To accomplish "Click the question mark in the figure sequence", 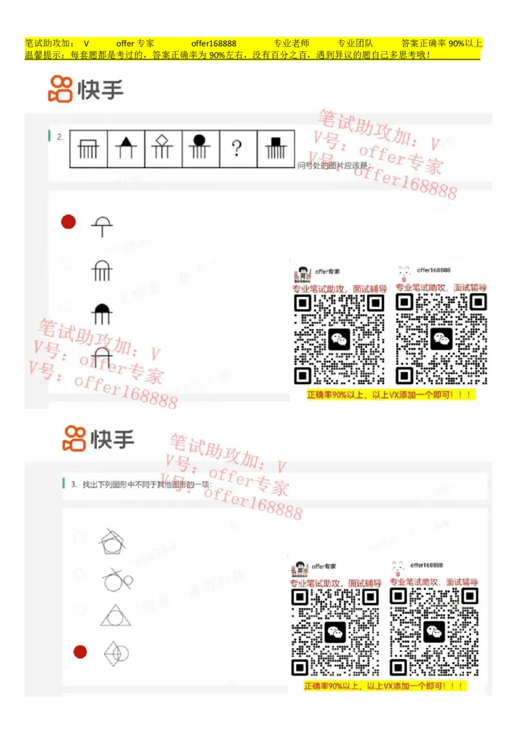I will (237, 149).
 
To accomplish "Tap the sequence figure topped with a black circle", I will (200, 149).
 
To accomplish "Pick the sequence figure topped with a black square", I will (275, 149).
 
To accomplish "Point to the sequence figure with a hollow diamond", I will (163, 149).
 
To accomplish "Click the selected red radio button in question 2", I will (69, 222).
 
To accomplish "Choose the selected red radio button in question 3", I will (80, 652).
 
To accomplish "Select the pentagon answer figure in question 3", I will (114, 541).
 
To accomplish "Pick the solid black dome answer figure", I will (102, 313).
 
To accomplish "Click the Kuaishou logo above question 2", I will (85, 89).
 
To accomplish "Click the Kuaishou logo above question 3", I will (98, 439).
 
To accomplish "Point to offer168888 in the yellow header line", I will (213, 43).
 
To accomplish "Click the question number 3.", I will (74, 484).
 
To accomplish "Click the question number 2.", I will (59, 136).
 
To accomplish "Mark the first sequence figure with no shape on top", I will (89, 149).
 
